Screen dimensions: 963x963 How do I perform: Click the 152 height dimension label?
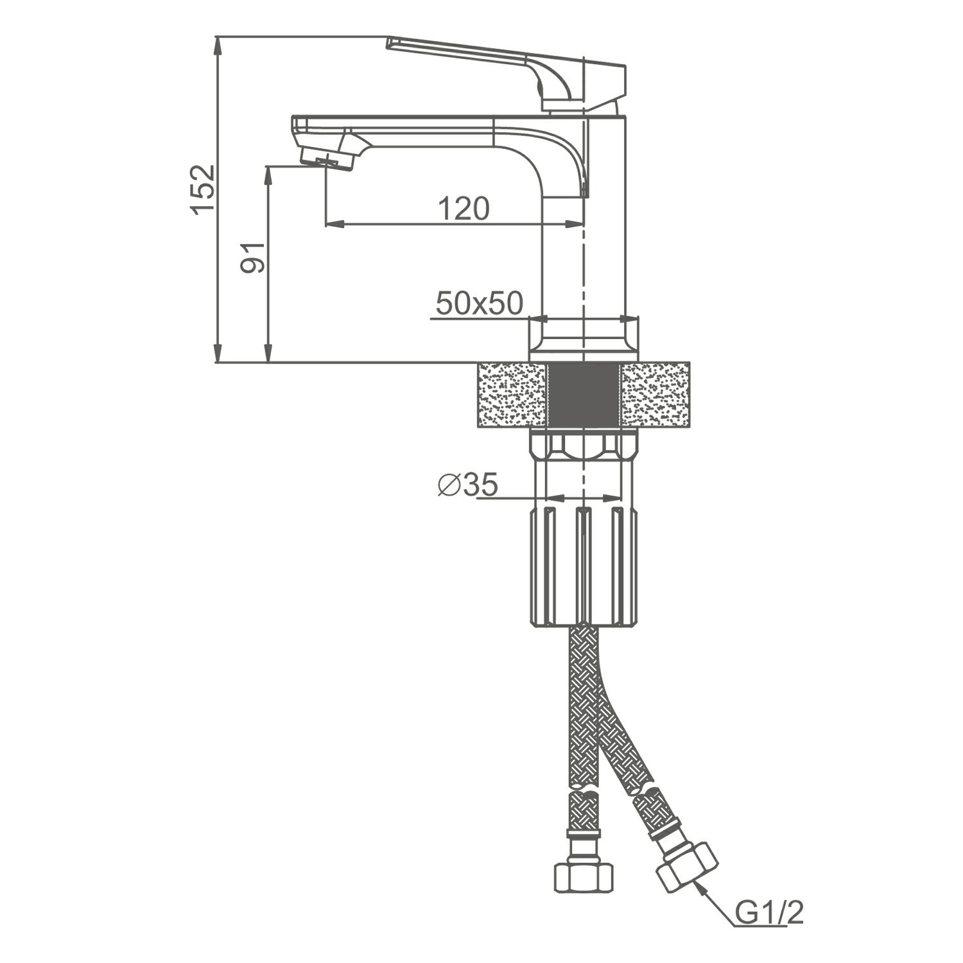click(203, 189)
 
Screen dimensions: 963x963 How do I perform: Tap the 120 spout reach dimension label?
click(464, 208)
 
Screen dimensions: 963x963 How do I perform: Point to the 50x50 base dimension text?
click(480, 303)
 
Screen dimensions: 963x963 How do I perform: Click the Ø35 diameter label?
click(467, 485)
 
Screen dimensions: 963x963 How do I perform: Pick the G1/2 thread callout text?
click(769, 914)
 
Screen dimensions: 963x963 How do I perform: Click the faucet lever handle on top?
click(507, 71)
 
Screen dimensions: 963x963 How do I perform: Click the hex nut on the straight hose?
click(583, 877)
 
